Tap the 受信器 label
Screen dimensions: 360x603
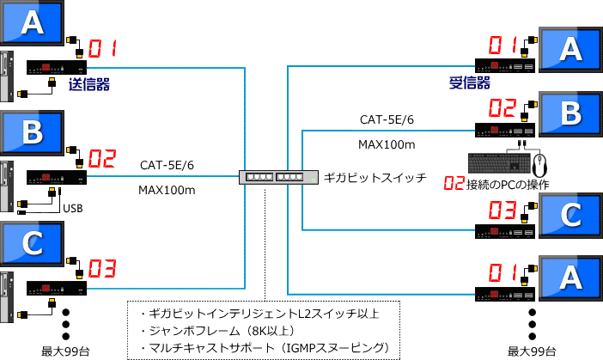coord(470,82)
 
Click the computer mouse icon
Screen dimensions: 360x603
coord(539,162)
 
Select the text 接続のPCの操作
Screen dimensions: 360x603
coord(508,184)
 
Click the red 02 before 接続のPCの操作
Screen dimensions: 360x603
coord(454,184)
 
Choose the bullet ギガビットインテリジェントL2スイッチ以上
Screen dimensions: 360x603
coord(259,314)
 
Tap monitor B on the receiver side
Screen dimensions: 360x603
coord(570,113)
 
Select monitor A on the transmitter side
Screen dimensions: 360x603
coord(32,21)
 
